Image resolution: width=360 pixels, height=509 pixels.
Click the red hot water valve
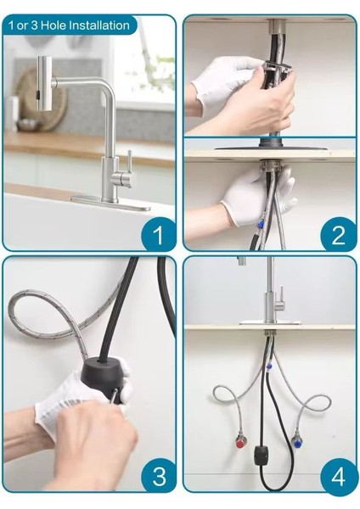[241, 442]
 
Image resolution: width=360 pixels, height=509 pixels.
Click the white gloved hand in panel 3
[64, 399]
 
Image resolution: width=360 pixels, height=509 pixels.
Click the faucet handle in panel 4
[280, 297]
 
